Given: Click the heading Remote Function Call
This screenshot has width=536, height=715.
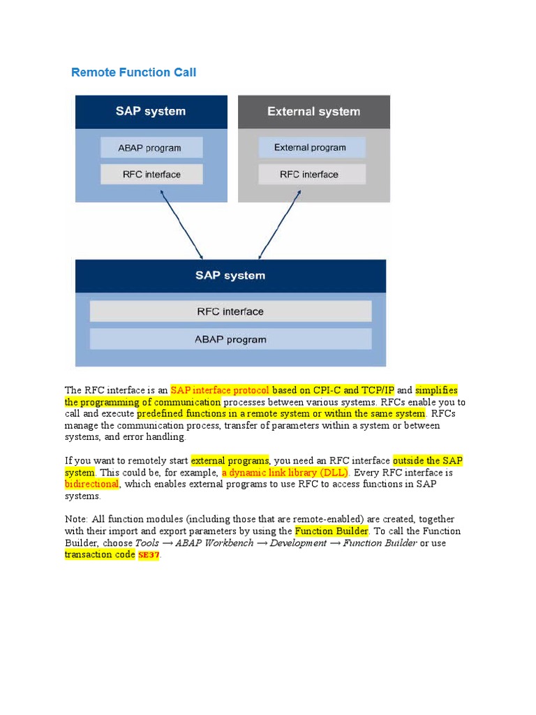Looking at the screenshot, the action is click(x=133, y=73).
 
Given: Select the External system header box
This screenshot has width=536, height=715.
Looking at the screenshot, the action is click(x=313, y=112).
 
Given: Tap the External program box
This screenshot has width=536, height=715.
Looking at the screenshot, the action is click(x=311, y=147).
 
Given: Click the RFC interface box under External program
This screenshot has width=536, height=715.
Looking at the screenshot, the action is click(x=311, y=175).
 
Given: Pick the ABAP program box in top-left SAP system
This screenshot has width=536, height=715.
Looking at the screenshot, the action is click(x=151, y=147).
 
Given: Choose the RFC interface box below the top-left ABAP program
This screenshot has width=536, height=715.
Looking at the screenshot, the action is click(x=151, y=175).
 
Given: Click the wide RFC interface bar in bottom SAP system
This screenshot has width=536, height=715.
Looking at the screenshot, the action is click(x=230, y=311).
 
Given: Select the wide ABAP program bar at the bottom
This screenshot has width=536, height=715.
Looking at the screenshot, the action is click(x=230, y=339).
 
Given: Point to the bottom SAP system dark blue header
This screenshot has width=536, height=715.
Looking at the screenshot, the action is click(x=230, y=276).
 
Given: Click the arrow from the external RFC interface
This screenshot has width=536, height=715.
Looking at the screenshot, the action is click(x=281, y=225).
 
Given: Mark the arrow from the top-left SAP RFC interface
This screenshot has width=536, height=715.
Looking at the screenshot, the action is click(x=181, y=225).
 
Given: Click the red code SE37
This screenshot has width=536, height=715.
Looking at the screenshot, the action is click(x=149, y=555).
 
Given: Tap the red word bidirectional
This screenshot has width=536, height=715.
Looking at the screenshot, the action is click(x=92, y=484).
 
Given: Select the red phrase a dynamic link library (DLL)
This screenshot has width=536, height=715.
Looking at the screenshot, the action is click(x=285, y=473).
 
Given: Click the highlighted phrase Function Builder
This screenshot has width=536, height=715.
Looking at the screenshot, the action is click(x=331, y=531).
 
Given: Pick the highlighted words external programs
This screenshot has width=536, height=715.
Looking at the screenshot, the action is click(x=230, y=461).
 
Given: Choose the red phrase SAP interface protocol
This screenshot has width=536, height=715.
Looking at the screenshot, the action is click(x=220, y=390).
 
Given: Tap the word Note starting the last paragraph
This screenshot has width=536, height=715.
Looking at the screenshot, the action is click(x=75, y=519).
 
